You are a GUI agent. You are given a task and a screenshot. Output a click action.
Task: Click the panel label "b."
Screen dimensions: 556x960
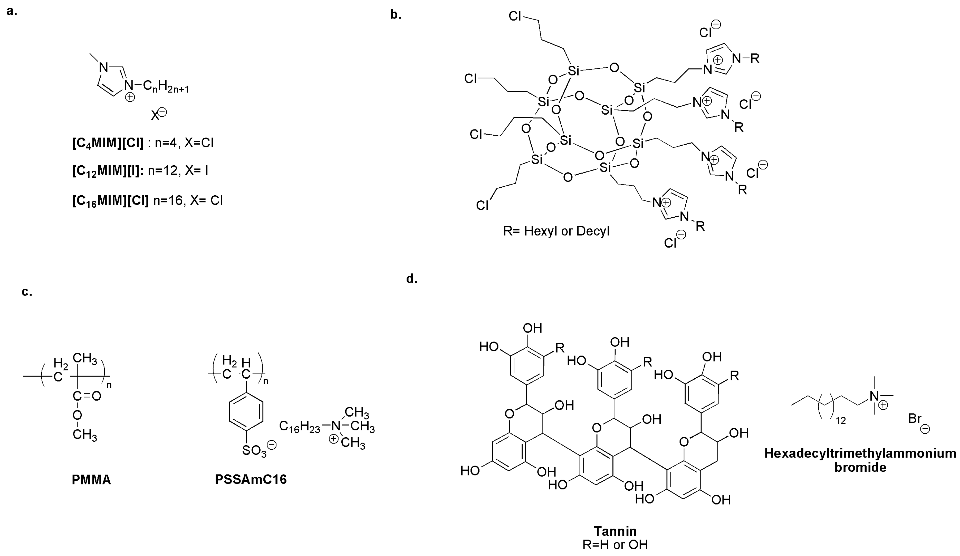[x=396, y=15]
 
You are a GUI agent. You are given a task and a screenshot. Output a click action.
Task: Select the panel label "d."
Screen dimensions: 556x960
[x=412, y=279]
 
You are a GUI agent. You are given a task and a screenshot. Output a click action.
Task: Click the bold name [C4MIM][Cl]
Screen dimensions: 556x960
[x=108, y=144]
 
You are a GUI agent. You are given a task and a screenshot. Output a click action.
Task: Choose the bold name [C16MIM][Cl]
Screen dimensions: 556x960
[x=110, y=200]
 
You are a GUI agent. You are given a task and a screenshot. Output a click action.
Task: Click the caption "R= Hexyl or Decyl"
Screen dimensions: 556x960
[x=556, y=231]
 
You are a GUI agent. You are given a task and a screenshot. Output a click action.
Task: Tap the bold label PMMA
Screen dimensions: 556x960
[x=91, y=480]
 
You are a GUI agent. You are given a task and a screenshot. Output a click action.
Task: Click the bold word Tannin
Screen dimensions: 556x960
[x=615, y=531]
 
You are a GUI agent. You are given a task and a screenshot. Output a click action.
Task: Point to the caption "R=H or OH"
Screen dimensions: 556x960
[x=615, y=544]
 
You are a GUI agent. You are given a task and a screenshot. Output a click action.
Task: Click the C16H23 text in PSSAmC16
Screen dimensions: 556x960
[x=300, y=426]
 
